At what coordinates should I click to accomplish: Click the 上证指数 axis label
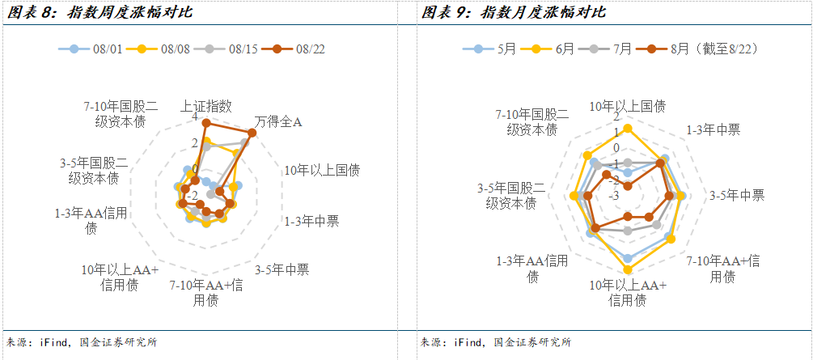pyautogui.click(x=206, y=106)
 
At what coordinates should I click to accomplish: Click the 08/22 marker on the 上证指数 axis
pyautogui.click(x=206, y=122)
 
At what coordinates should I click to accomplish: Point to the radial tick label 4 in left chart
pyautogui.click(x=194, y=118)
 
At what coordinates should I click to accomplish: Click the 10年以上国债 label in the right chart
pyautogui.click(x=628, y=106)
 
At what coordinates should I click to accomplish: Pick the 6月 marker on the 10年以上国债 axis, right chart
pyautogui.click(x=628, y=128)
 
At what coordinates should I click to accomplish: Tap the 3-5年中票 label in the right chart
pyautogui.click(x=736, y=195)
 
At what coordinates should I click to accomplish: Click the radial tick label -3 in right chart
pyautogui.click(x=615, y=195)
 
